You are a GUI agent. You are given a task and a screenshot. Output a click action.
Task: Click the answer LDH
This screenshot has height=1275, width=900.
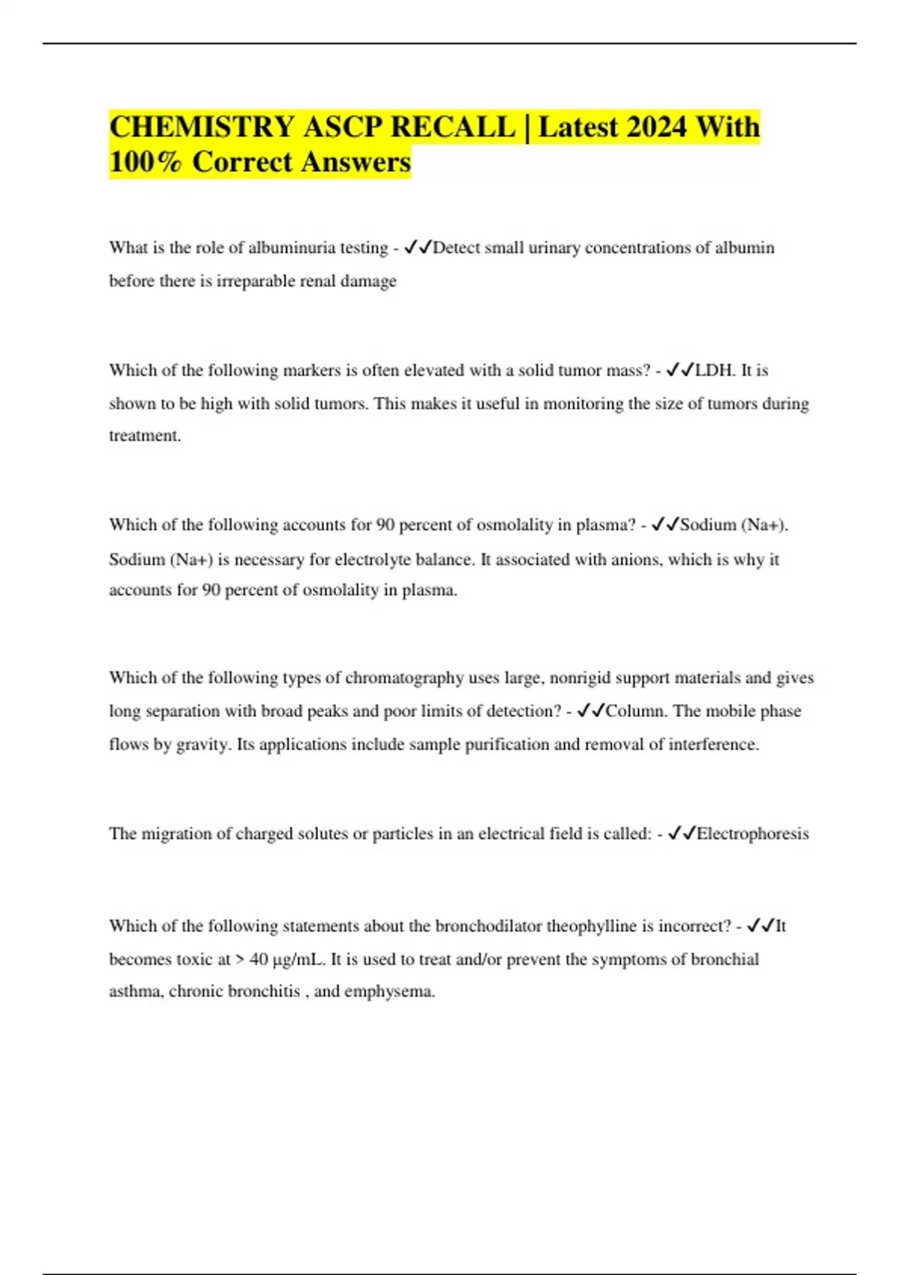pos(715,370)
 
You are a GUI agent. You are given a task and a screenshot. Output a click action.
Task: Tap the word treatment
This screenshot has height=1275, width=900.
pos(144,436)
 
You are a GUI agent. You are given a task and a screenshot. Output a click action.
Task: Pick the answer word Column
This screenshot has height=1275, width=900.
pos(634,711)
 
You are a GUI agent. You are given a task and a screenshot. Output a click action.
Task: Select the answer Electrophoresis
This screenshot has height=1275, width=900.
pos(752,834)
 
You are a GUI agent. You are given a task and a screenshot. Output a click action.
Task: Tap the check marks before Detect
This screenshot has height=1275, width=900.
pos(418,247)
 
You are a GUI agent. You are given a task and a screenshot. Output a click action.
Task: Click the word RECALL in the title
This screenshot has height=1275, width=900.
pos(453,127)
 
